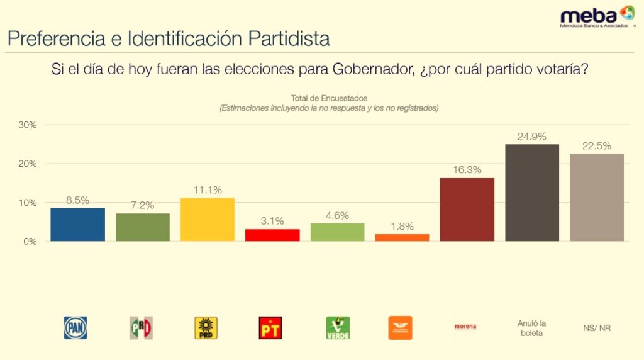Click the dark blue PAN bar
click(77, 225)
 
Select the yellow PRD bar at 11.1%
click(208, 220)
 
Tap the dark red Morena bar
click(467, 210)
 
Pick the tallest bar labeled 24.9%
click(532, 193)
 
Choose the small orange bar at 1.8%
click(402, 238)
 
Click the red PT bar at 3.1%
click(272, 235)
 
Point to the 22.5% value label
click(597, 146)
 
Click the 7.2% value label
click(142, 205)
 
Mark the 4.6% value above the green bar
click(337, 215)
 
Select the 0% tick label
click(30, 242)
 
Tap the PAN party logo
click(76, 328)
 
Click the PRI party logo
click(142, 328)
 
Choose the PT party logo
click(271, 328)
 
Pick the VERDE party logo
click(337, 328)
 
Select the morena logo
click(465, 327)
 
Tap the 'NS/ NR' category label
click(596, 328)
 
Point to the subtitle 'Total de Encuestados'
click(329, 98)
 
